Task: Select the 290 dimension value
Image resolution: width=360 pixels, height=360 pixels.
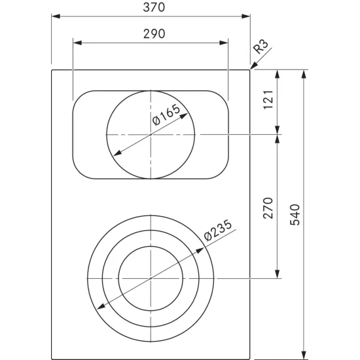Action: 151,34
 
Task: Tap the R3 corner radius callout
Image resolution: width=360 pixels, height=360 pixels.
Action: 261,46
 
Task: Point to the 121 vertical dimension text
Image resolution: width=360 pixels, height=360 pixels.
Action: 266,101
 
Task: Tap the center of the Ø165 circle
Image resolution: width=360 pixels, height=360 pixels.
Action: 151,134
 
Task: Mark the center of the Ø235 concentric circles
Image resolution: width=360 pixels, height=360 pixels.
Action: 151,278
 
